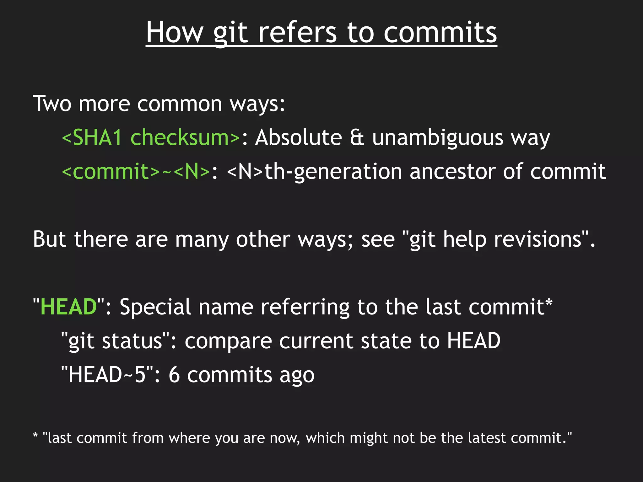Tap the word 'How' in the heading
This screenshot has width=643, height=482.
pyautogui.click(x=175, y=33)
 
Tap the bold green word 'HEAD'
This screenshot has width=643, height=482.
pyautogui.click(x=69, y=307)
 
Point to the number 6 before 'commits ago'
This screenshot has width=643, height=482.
pyautogui.click(x=174, y=374)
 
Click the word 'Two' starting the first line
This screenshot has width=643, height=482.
pyautogui.click(x=52, y=104)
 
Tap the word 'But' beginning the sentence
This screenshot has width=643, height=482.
pyautogui.click(x=50, y=239)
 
